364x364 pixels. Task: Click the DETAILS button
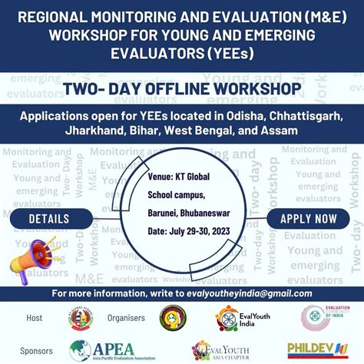[49, 219]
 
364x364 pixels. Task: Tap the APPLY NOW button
[309, 219]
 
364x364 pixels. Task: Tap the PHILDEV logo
[318, 350]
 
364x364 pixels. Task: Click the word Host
[35, 317]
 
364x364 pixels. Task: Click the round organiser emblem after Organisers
[172, 318]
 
